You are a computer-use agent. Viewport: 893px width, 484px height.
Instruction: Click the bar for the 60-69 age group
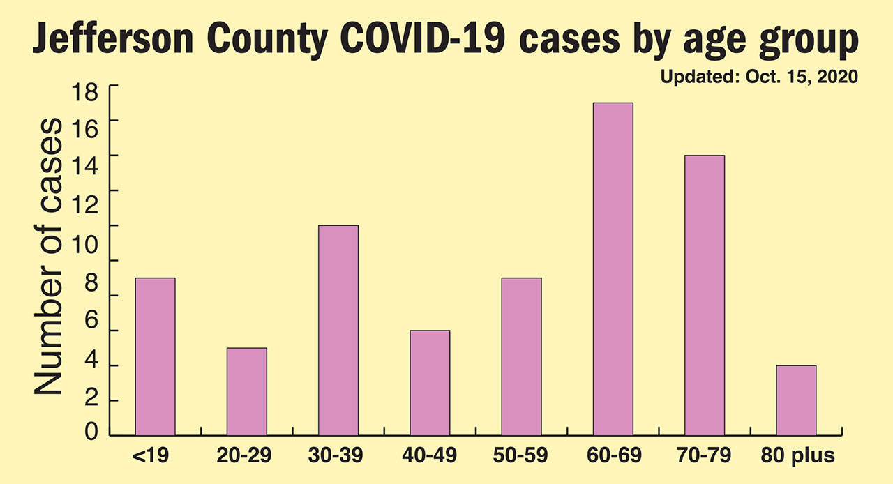613,269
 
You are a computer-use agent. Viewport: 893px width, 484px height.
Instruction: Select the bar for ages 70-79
705,296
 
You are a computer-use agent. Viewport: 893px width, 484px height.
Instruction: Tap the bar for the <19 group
155,357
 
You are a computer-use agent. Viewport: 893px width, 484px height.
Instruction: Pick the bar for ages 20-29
246,392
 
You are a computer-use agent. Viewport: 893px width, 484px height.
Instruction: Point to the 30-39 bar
338,331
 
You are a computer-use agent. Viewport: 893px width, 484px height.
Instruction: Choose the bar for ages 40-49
430,383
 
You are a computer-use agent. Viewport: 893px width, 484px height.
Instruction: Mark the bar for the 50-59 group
521,357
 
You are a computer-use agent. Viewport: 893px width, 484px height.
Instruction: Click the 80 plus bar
796,400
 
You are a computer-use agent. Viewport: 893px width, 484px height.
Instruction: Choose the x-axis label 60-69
613,457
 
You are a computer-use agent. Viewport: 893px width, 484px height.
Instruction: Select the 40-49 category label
430,457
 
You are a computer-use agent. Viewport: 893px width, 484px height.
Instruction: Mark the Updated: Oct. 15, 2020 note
759,76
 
